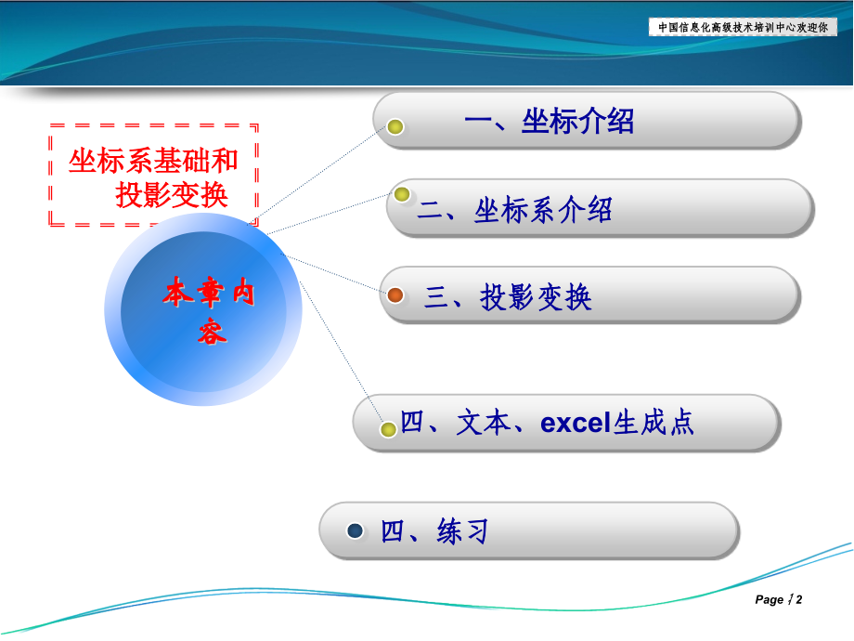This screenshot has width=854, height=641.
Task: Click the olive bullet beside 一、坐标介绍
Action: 395,126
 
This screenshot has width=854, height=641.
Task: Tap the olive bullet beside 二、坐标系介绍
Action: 402,194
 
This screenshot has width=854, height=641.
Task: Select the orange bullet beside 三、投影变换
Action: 395,295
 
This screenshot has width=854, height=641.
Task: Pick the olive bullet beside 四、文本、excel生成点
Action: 389,429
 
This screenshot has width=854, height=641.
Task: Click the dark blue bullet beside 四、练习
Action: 355,530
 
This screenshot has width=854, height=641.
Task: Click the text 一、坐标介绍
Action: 549,121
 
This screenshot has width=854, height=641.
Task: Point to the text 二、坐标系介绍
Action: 514,210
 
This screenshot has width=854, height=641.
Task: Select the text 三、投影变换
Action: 508,297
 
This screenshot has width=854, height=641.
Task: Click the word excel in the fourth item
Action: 576,424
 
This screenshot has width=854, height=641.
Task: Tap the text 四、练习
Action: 434,532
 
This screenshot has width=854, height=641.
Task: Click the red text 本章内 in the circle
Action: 209,293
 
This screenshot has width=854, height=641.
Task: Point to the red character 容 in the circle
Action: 212,332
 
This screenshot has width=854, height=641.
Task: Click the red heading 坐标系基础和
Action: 153,161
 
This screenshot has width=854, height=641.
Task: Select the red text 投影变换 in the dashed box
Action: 172,195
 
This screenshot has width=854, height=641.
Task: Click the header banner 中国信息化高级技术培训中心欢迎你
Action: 743,27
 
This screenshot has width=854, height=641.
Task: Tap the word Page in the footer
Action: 769,600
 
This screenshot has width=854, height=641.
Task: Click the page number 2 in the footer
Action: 798,600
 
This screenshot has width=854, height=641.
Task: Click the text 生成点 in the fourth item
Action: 653,424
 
